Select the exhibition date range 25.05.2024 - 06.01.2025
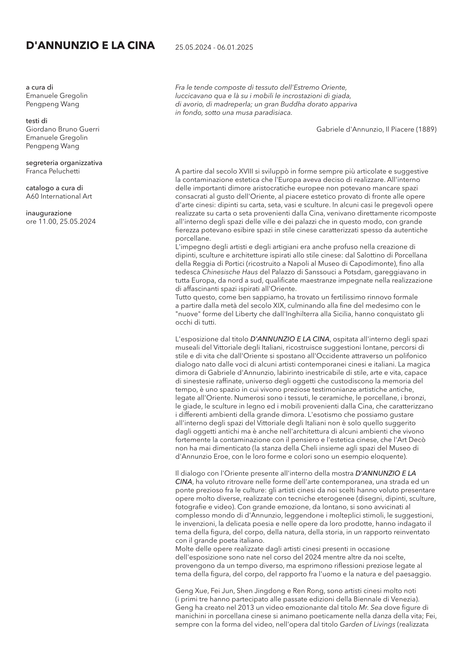[x=214, y=48]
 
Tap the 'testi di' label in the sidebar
[x=37, y=121]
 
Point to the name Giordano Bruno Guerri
[x=63, y=129]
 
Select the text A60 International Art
[x=59, y=196]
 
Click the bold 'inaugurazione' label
[x=49, y=213]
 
